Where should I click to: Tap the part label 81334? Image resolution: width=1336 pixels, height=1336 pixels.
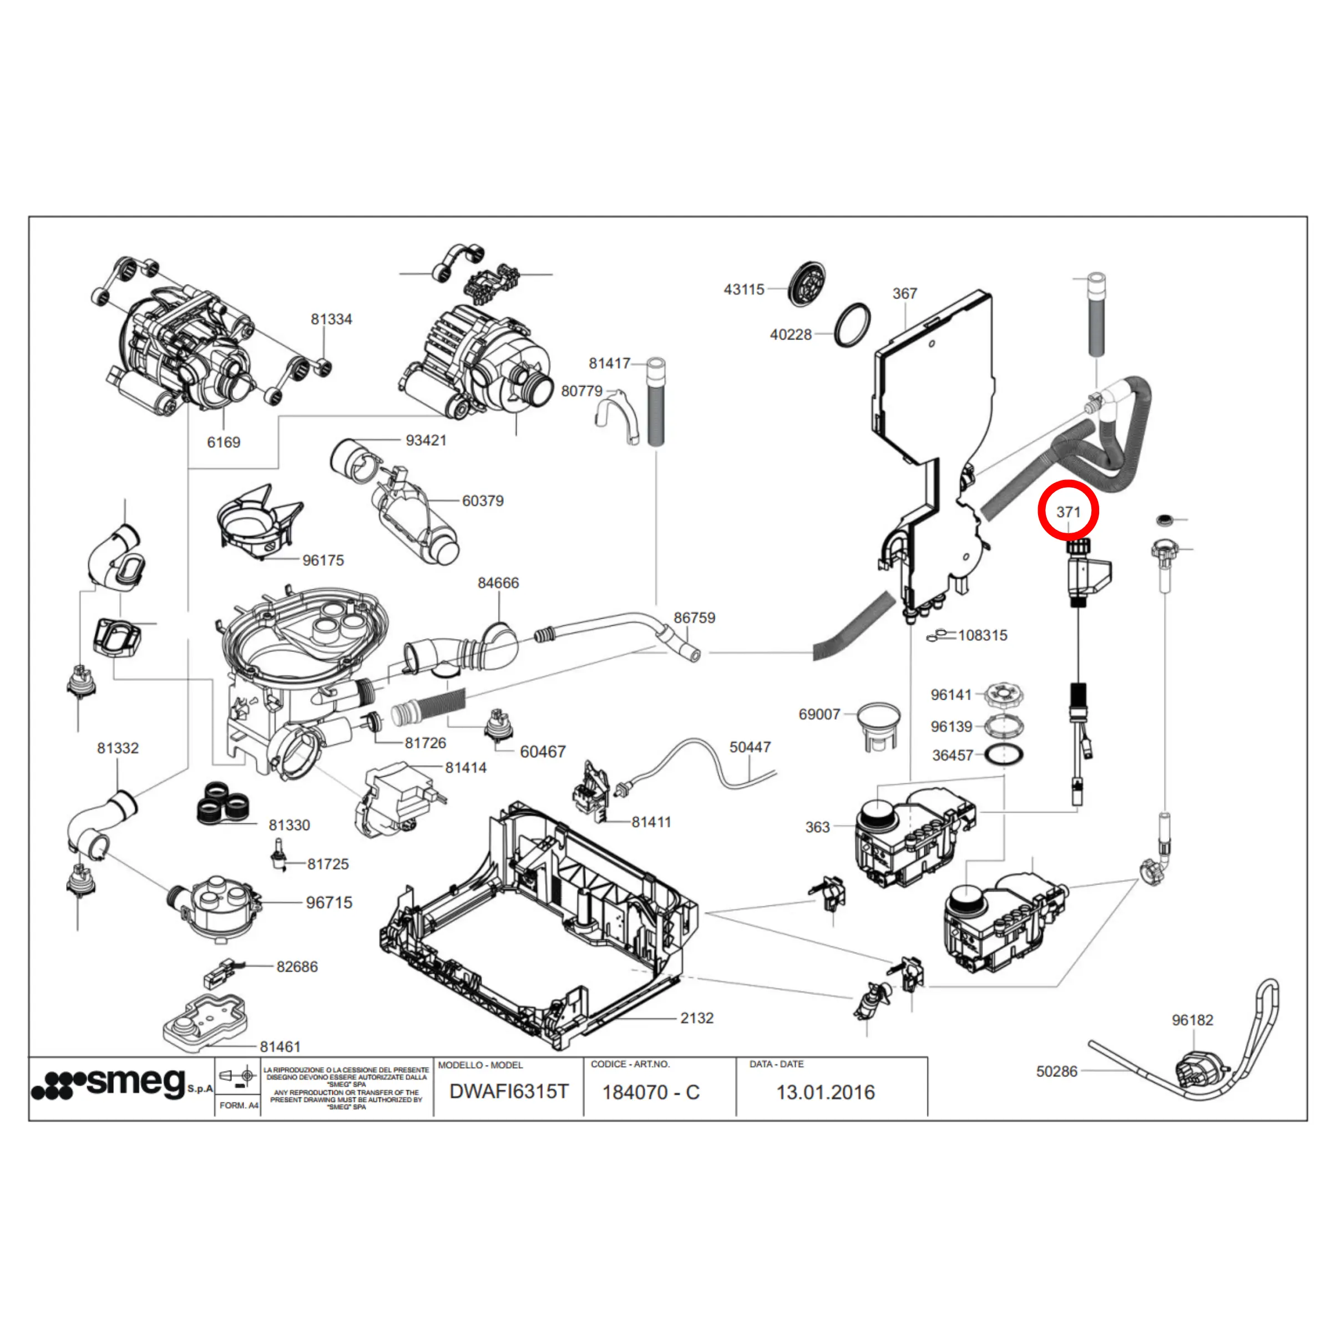331,320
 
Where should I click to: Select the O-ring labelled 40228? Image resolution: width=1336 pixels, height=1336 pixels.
852,325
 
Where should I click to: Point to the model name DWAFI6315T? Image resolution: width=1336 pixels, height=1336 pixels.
508,1092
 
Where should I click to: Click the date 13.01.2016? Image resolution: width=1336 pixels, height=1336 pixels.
825,1092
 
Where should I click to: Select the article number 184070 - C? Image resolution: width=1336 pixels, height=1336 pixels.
651,1092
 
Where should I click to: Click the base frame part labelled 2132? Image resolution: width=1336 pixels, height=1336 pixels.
539,927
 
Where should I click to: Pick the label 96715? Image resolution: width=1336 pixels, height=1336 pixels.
329,903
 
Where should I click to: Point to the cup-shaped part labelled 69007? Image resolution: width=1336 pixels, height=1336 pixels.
878,725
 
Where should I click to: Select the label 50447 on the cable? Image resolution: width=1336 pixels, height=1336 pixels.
750,747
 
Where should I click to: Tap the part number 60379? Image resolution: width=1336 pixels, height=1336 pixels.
483,500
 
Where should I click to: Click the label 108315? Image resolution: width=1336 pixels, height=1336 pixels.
982,635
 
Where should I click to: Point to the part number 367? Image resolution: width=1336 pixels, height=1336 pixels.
904,294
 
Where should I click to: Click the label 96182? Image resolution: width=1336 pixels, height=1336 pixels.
1192,1020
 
